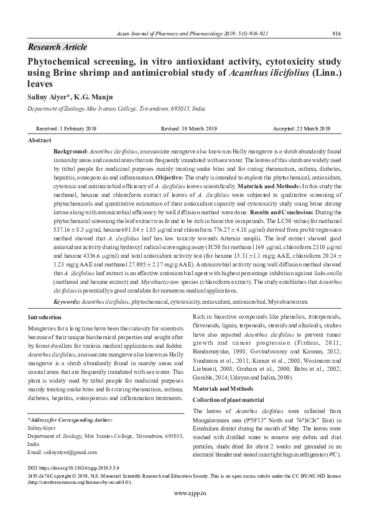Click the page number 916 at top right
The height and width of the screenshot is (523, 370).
point(336,34)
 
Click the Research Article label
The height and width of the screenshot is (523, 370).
point(58,47)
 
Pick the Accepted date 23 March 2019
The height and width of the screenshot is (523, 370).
point(302,129)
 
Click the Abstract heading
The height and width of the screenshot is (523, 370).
point(40,141)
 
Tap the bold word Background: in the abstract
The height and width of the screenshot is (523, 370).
point(70,152)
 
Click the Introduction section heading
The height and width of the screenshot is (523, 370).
point(45,317)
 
